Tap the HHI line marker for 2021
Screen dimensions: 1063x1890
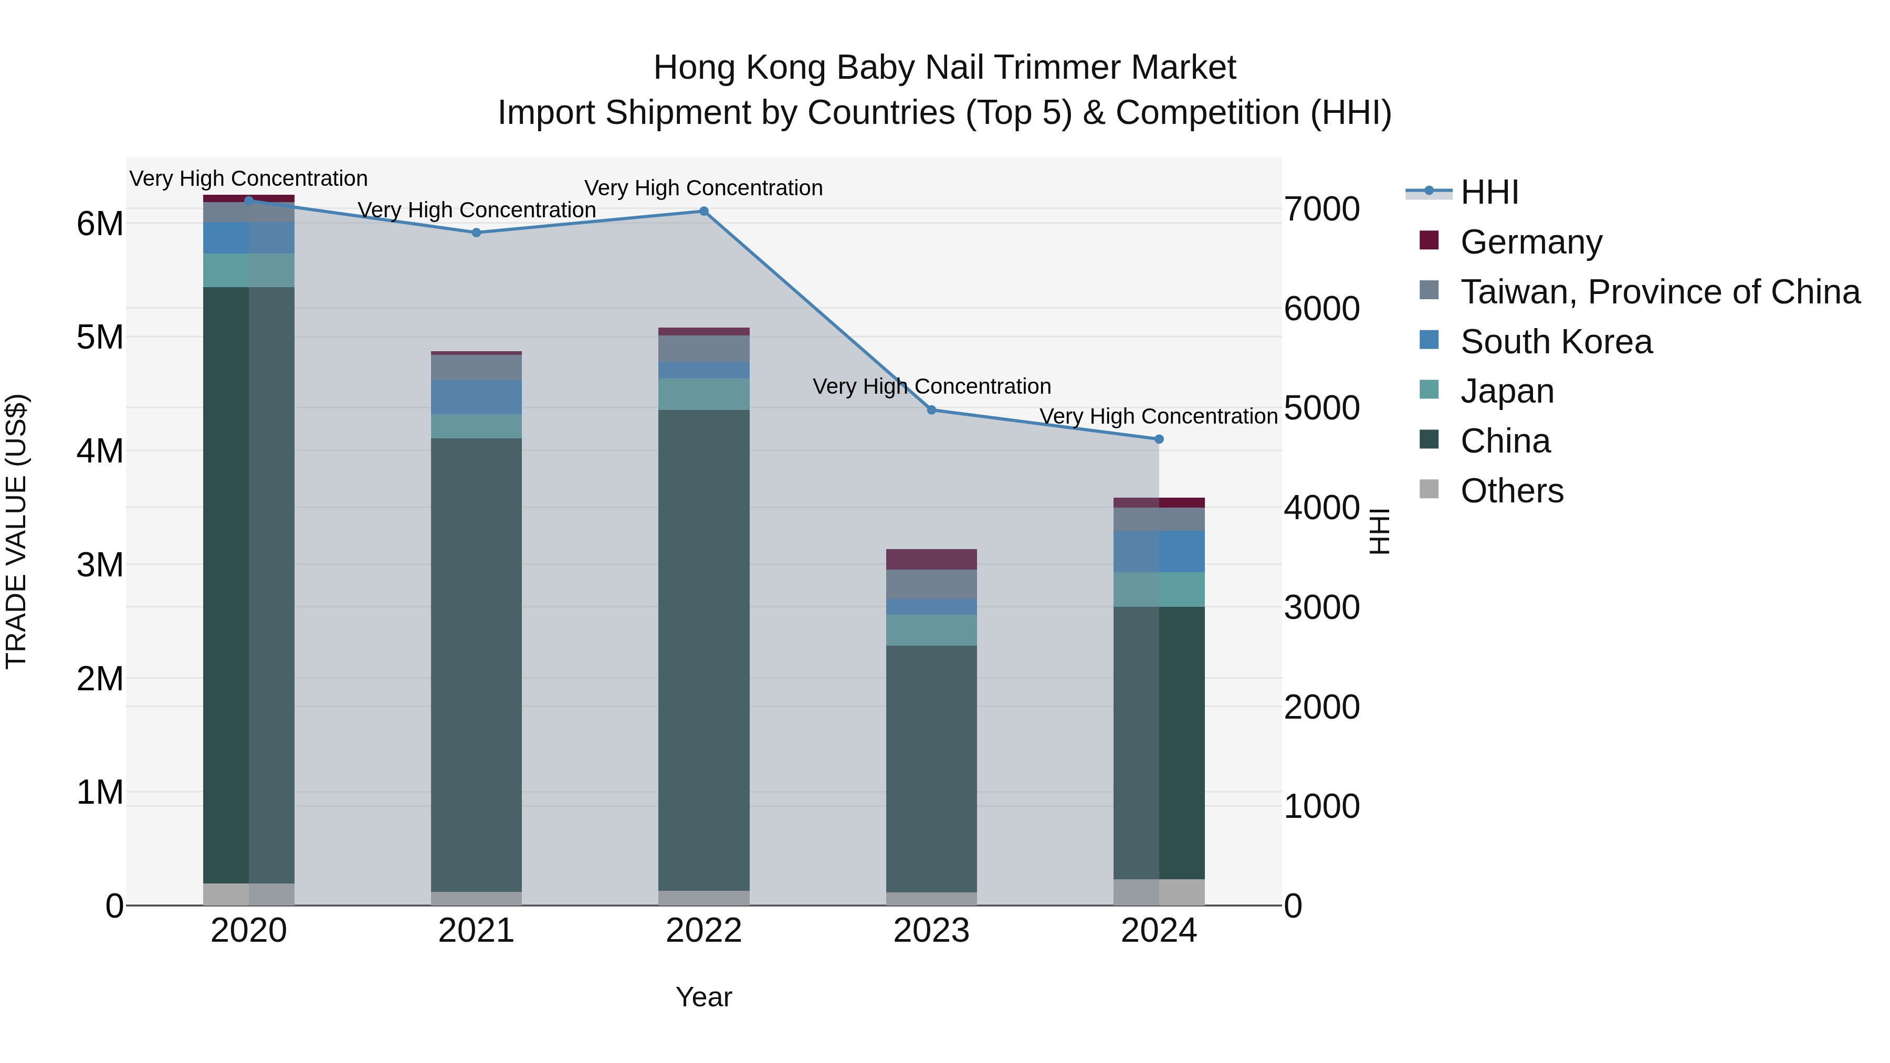pos(476,233)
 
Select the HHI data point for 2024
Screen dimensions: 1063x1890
pos(1159,439)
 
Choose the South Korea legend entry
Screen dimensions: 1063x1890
pos(1556,342)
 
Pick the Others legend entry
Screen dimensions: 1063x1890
pos(1511,491)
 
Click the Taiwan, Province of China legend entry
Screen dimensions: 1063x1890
pos(1660,292)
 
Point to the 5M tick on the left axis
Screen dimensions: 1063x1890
pos(100,338)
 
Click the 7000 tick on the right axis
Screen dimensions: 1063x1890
pos(1321,209)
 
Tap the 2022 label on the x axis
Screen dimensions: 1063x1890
pos(703,931)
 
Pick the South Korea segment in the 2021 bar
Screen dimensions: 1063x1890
pos(476,397)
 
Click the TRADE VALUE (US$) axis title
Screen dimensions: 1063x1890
pos(16,531)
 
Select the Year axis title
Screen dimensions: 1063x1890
pos(703,997)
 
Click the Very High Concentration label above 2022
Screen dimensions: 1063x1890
pos(703,188)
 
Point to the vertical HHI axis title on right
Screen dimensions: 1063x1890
pos(1379,531)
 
